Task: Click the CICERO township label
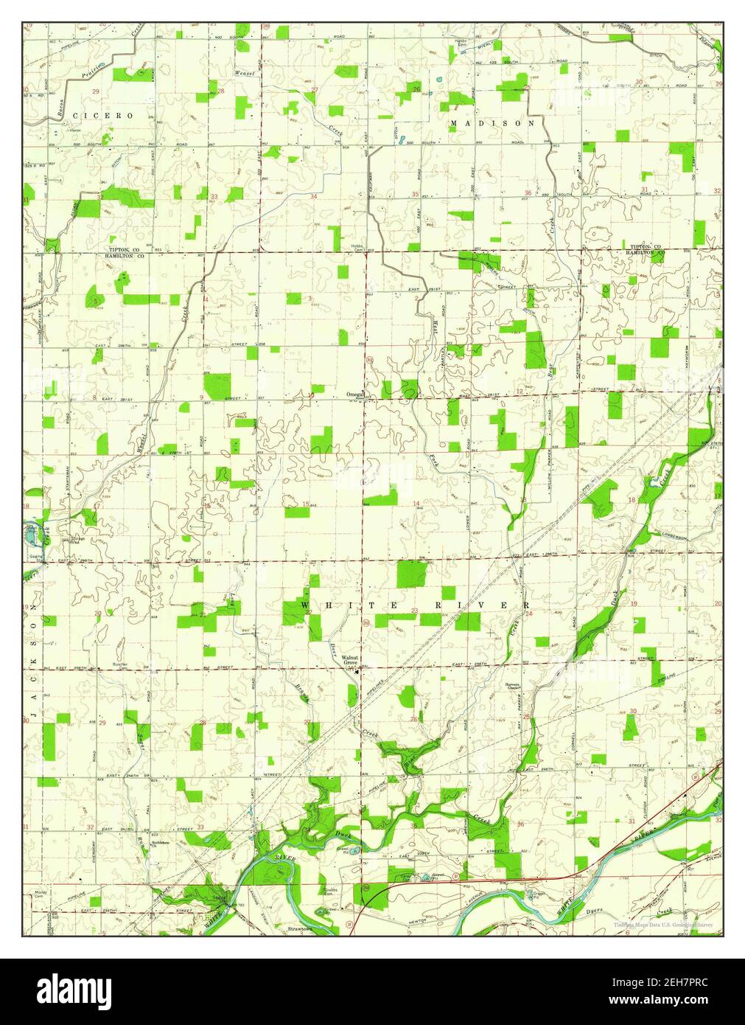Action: tap(109, 116)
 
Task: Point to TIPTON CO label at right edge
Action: tap(646, 246)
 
